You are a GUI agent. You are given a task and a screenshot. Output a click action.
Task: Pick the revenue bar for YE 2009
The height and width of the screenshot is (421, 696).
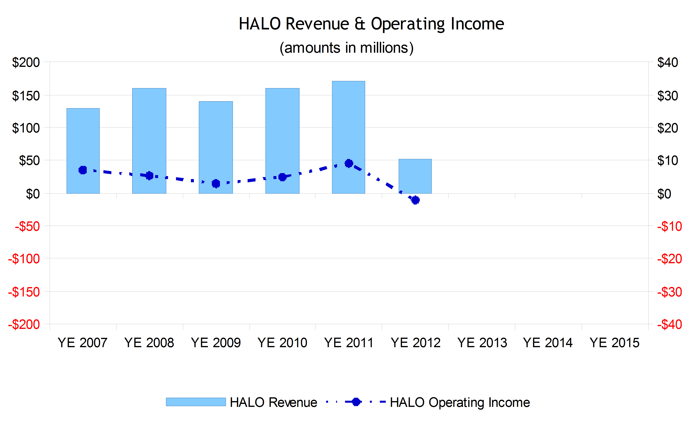(x=216, y=141)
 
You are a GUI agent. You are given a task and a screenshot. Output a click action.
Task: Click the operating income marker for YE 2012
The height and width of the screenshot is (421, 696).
(x=415, y=200)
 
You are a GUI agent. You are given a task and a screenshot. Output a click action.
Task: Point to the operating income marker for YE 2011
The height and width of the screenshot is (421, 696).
(x=349, y=163)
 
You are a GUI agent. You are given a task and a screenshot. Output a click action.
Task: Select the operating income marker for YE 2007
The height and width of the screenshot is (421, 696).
(x=83, y=170)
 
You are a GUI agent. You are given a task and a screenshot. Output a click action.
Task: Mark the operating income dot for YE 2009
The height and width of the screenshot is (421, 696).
(x=216, y=184)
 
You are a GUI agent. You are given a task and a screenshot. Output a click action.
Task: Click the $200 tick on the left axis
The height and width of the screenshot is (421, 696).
(x=26, y=62)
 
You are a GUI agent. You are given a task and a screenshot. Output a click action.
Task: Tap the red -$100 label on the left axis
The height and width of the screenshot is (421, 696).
(x=24, y=259)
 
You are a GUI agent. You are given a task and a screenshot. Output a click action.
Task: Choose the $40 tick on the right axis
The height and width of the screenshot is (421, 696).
(x=668, y=62)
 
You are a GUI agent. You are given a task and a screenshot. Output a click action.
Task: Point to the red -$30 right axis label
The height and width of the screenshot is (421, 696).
(x=669, y=292)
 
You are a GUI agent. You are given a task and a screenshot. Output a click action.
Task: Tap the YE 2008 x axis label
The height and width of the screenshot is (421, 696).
(x=149, y=343)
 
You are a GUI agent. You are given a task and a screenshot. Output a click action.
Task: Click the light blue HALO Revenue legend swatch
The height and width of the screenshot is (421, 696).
(x=196, y=402)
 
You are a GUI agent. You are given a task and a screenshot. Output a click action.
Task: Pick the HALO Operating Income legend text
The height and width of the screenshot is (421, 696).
(x=460, y=402)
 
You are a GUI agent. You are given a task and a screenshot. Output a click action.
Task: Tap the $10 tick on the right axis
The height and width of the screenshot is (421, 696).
(x=668, y=161)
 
